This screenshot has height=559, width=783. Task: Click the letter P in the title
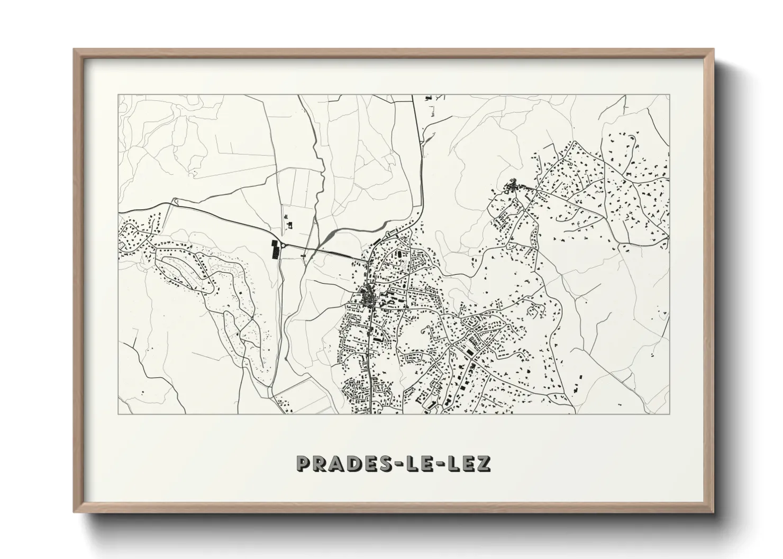(x=305, y=463)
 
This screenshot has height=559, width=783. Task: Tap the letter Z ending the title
(x=482, y=463)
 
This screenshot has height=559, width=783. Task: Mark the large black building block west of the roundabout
(x=276, y=249)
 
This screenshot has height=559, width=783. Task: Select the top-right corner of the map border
(x=670, y=95)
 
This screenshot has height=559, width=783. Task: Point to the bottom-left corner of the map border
(x=119, y=414)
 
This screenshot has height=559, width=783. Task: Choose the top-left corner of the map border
(x=119, y=95)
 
